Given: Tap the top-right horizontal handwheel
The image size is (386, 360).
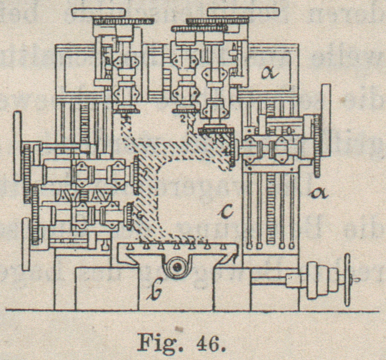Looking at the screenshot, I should (x=243, y=12).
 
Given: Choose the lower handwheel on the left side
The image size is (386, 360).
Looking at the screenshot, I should (x=26, y=244).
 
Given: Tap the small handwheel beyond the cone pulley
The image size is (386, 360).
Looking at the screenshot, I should (x=346, y=279).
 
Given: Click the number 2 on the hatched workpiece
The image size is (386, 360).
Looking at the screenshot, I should (x=183, y=119).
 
